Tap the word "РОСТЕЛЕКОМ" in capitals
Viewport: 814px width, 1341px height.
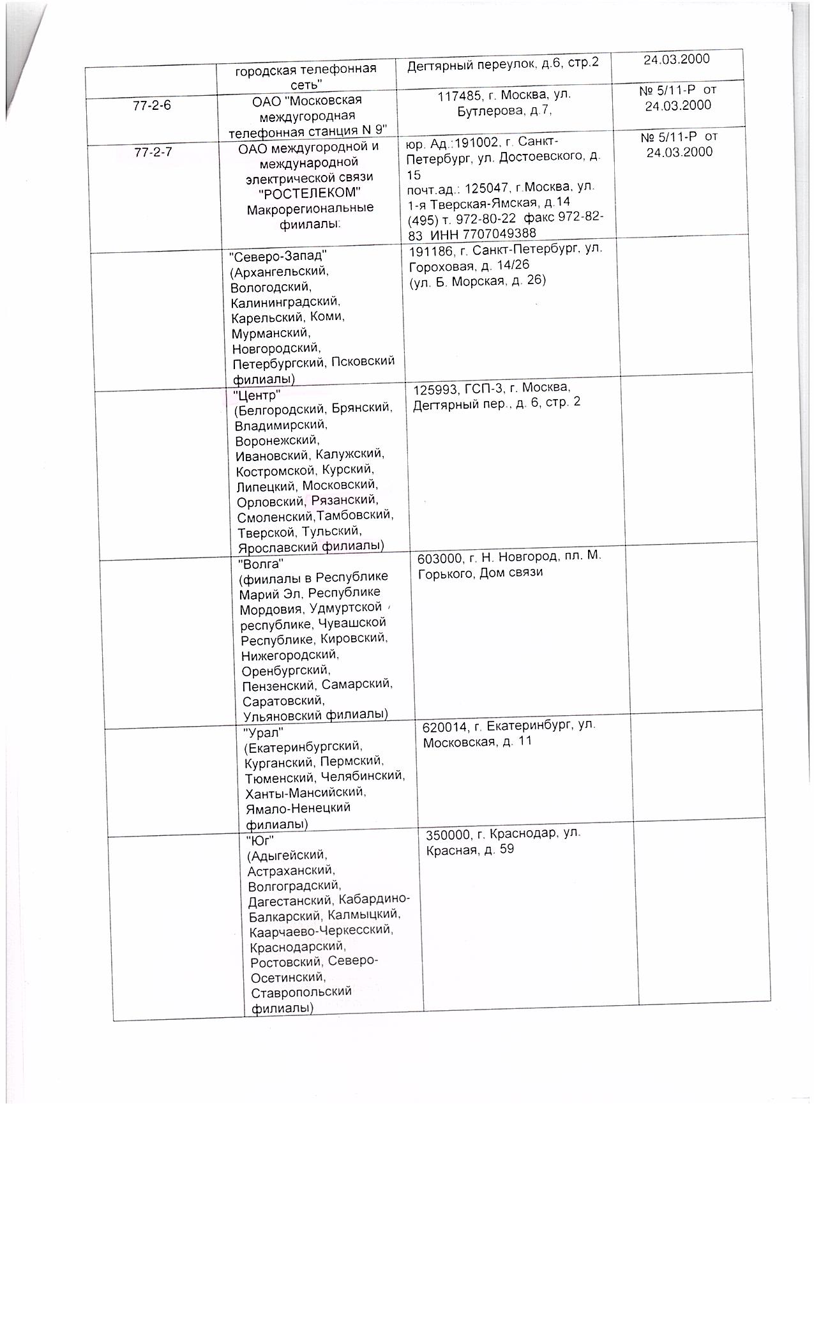click(x=306, y=193)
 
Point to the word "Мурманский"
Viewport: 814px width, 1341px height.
click(x=271, y=333)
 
